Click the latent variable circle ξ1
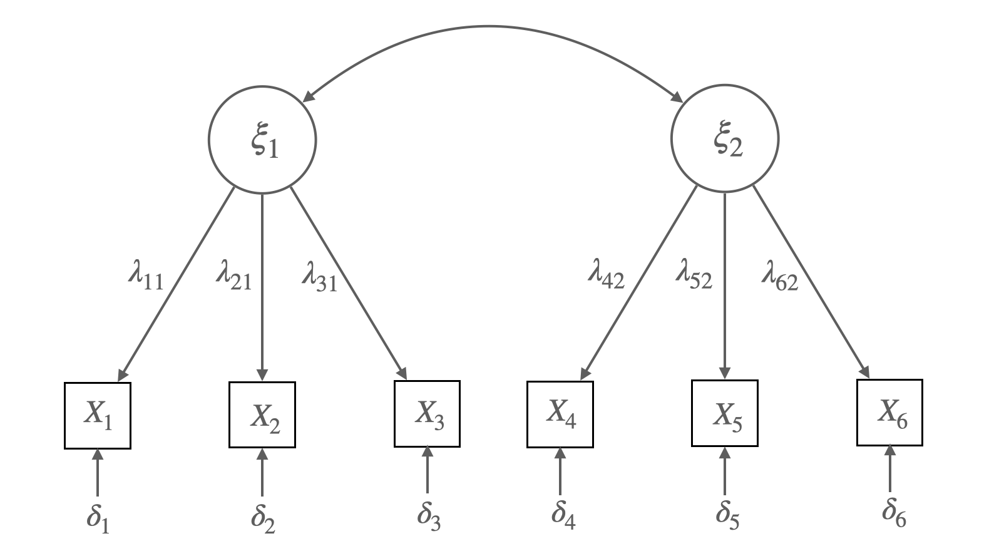[262, 140]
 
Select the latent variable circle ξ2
[725, 139]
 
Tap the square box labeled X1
[98, 416]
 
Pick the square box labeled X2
[262, 415]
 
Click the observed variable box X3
[427, 414]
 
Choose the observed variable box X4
[560, 414]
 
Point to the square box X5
[725, 413]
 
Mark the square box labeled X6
[889, 413]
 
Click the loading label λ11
[146, 277]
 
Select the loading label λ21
[234, 277]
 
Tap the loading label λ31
[320, 277]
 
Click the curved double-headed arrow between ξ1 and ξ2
[491, 27]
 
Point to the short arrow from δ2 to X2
[262, 472]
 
